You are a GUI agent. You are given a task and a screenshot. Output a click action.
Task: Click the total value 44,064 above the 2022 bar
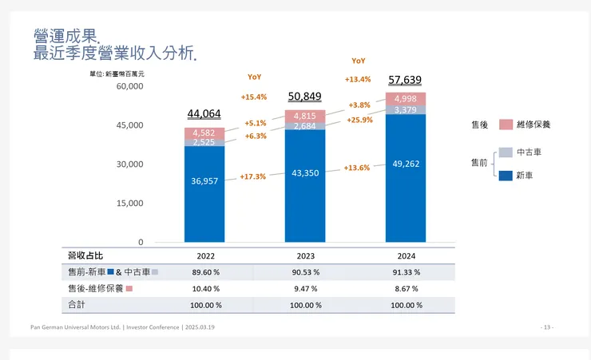click(204, 114)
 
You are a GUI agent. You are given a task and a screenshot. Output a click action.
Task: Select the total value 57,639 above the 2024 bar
click(405, 80)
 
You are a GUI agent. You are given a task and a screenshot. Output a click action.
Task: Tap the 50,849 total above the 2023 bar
click(304, 97)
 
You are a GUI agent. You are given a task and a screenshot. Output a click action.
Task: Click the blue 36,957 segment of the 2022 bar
click(204, 181)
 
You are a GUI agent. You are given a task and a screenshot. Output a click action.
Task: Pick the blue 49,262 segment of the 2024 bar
click(406, 164)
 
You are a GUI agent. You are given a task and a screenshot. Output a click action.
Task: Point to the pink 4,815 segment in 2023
click(304, 117)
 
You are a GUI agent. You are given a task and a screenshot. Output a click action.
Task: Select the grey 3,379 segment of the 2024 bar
click(406, 110)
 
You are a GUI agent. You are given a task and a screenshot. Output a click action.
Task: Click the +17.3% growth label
click(252, 176)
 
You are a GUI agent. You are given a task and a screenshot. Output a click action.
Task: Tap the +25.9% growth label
click(359, 120)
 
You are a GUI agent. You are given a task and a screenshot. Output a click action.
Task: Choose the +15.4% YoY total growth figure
click(254, 97)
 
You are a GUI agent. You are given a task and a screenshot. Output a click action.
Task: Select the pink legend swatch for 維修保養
click(506, 125)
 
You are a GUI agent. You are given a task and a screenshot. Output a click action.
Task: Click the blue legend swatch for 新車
click(506, 174)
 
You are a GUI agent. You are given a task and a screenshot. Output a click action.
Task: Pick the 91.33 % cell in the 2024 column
click(405, 272)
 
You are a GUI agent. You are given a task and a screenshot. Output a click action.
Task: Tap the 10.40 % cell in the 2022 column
click(204, 288)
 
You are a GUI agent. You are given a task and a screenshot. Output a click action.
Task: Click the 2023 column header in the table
click(304, 255)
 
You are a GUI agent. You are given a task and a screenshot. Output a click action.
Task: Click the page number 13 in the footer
click(547, 327)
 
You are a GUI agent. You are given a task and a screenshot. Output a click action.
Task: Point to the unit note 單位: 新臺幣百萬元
click(117, 73)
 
